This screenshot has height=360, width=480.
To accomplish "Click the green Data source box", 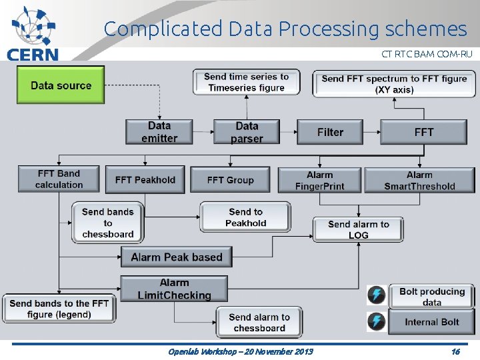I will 61,85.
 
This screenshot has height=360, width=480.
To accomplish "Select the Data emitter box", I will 159,131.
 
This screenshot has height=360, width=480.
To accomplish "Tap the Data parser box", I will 247,131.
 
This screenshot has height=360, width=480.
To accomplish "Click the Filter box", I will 331,132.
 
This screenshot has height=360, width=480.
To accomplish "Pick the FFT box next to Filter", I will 423,132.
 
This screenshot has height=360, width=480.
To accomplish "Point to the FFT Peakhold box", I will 145,179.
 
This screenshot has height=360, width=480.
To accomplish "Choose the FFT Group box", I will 230,179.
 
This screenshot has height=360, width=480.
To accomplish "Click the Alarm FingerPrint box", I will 320,180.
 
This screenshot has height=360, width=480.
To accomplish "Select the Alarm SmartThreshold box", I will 419,180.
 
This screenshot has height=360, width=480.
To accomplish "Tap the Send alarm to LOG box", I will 358,229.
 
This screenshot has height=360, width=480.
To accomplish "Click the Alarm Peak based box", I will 177,257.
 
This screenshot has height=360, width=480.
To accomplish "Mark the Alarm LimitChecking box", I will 174,289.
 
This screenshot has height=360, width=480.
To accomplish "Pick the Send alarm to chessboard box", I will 259,322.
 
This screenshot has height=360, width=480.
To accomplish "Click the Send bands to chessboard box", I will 108,223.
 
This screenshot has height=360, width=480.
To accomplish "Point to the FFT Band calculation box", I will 59,179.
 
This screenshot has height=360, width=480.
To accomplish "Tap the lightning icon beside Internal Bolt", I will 376,322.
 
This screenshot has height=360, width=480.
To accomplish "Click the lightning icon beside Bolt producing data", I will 376,296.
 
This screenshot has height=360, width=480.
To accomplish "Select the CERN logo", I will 32,33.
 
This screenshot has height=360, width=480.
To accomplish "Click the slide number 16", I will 455,351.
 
